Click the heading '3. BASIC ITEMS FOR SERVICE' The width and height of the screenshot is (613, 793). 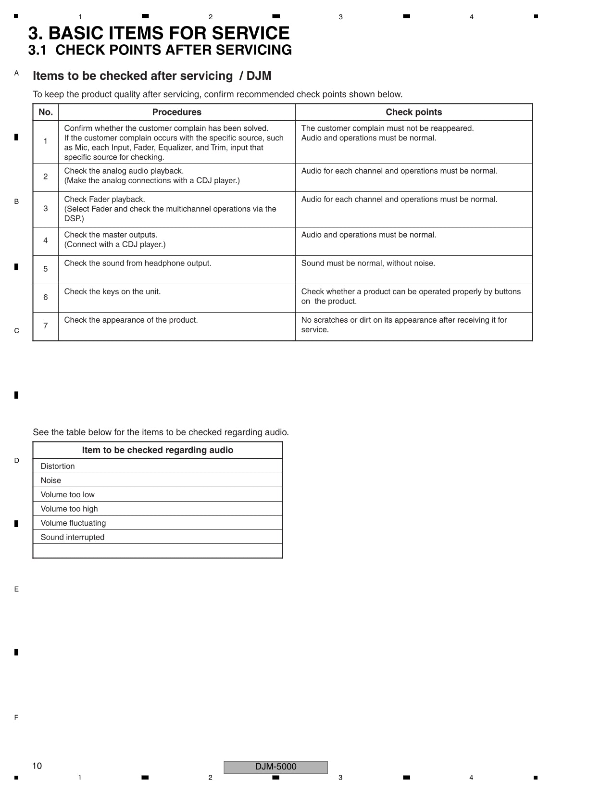point(159,33)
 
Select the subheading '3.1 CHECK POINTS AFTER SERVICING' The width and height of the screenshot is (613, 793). point(160,50)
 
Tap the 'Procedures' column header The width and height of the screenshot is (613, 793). point(176,112)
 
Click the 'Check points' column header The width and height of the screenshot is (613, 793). point(413,112)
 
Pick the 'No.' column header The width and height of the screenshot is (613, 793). point(46,112)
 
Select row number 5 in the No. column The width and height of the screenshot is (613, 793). point(46,269)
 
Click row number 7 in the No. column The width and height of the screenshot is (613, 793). point(46,326)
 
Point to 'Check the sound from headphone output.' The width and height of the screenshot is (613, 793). point(138,263)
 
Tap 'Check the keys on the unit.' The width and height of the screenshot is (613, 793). point(112,291)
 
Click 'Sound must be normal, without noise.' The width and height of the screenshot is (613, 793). point(368,263)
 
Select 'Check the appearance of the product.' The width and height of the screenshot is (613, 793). point(131,320)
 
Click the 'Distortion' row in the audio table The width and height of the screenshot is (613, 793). point(58,466)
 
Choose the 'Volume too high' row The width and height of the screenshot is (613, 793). point(69,509)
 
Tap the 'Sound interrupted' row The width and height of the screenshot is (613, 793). point(73,537)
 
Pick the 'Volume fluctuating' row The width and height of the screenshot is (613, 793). point(73,523)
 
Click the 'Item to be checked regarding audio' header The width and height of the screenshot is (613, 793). point(157,450)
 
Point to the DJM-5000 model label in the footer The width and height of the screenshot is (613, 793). point(275,767)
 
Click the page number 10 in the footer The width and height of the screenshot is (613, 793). point(37,766)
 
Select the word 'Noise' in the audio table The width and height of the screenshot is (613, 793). point(51,480)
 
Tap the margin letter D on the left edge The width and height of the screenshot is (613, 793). point(16,460)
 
